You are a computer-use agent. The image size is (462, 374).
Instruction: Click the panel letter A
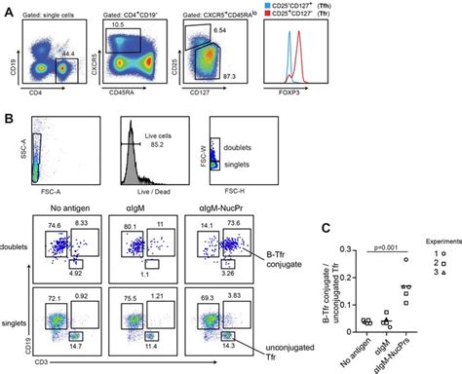[x=7, y=7]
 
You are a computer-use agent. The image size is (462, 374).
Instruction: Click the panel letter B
[x=7, y=115]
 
